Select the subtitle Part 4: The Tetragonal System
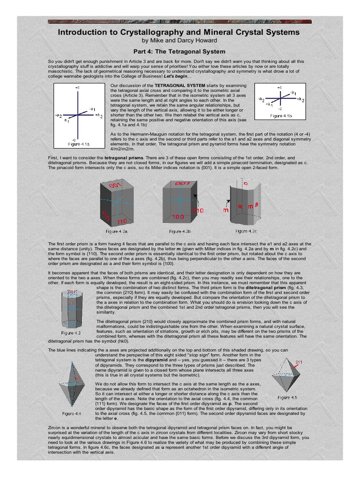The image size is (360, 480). pos(180,52)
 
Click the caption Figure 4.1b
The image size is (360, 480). pos(279,115)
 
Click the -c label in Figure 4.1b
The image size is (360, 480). pos(279,108)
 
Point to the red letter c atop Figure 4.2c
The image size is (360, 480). pos(246,184)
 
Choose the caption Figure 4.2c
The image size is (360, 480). pos(248,231)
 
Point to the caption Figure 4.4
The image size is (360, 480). pos(72,413)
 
